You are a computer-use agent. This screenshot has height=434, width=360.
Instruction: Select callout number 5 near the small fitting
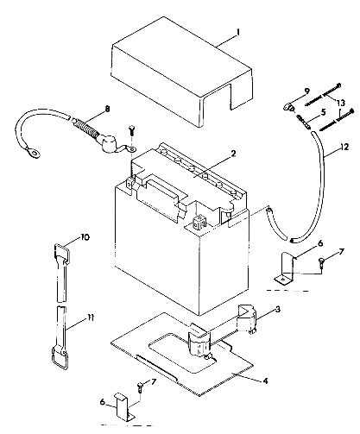(x=321, y=112)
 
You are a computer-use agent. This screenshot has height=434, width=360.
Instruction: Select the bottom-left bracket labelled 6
(x=123, y=406)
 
